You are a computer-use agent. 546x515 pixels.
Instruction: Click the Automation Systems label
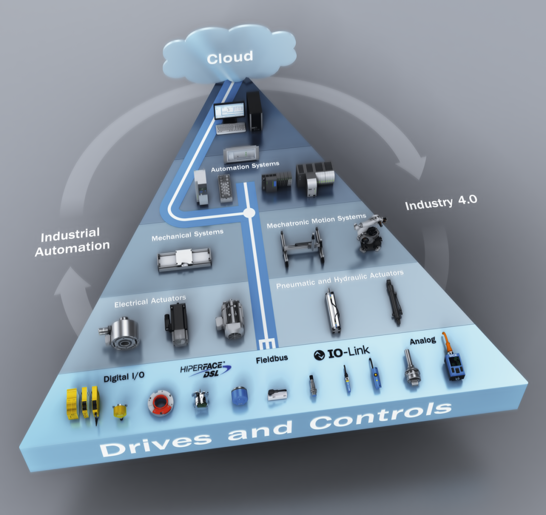pyautogui.click(x=245, y=165)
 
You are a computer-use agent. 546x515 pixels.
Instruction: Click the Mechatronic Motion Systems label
pyautogui.click(x=316, y=221)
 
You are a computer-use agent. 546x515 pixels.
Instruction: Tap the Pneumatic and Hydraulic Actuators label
pyautogui.click(x=340, y=278)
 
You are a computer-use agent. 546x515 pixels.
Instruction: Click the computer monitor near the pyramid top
pyautogui.click(x=229, y=112)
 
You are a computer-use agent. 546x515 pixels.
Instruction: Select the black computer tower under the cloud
pyautogui.click(x=254, y=110)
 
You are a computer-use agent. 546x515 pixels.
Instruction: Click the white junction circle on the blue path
pyautogui.click(x=249, y=213)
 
